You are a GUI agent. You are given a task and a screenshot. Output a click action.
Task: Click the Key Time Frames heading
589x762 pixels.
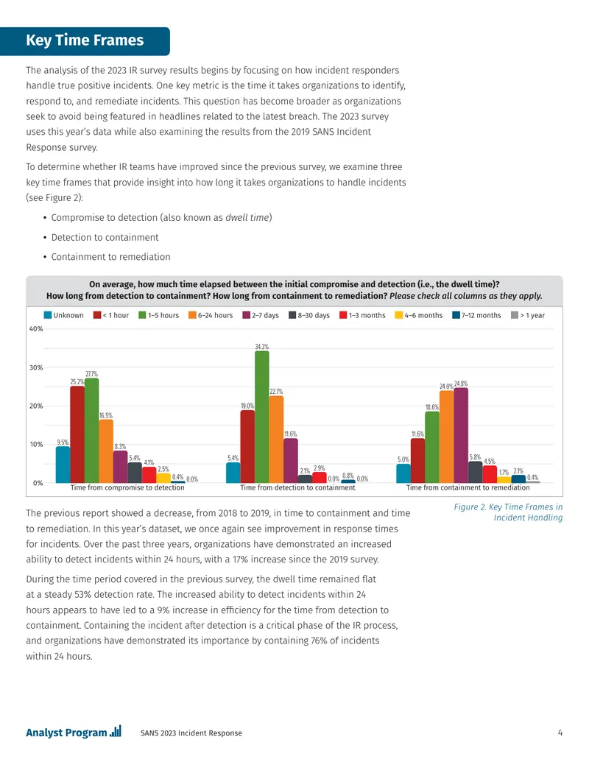85,40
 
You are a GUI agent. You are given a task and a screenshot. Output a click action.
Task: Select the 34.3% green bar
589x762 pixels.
262,417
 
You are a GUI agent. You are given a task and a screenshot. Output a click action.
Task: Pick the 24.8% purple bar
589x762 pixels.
461,435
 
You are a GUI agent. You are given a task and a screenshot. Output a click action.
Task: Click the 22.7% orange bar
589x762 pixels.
276,439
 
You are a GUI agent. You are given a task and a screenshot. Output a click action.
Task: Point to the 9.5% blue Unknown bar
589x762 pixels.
63,464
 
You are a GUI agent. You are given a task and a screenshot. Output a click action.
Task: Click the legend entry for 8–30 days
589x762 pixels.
309,315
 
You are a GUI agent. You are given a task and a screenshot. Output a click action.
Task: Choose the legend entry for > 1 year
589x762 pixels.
528,315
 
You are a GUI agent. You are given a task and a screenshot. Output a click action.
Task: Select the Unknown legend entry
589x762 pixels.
63,315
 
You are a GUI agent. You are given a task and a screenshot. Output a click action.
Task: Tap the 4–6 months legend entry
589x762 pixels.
418,315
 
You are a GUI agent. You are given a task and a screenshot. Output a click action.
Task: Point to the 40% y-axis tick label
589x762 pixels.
36,328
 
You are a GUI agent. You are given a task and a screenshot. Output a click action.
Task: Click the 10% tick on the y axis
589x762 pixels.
36,444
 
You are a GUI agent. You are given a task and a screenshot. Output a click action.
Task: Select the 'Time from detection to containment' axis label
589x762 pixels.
297,487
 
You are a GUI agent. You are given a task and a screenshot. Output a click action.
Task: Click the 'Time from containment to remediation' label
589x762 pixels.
468,487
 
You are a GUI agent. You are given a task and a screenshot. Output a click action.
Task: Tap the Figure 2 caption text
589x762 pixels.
508,512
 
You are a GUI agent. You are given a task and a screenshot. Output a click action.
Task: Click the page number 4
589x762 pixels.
560,733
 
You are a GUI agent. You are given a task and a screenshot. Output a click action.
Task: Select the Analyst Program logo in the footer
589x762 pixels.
74,732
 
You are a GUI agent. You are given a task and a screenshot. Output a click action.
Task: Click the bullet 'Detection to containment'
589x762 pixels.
105,237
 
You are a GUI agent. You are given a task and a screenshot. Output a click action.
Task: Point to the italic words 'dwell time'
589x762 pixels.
247,217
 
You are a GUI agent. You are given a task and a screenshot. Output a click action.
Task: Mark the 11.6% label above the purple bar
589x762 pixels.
291,434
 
